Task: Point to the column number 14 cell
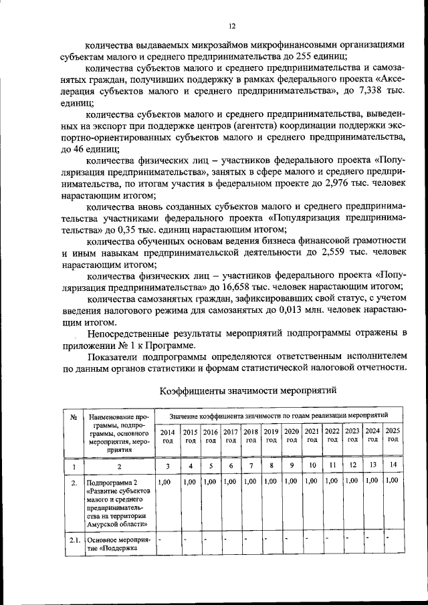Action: (x=393, y=465)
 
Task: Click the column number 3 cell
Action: (x=167, y=465)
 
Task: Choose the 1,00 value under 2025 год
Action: (x=392, y=480)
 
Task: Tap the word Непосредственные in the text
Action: (x=128, y=334)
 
